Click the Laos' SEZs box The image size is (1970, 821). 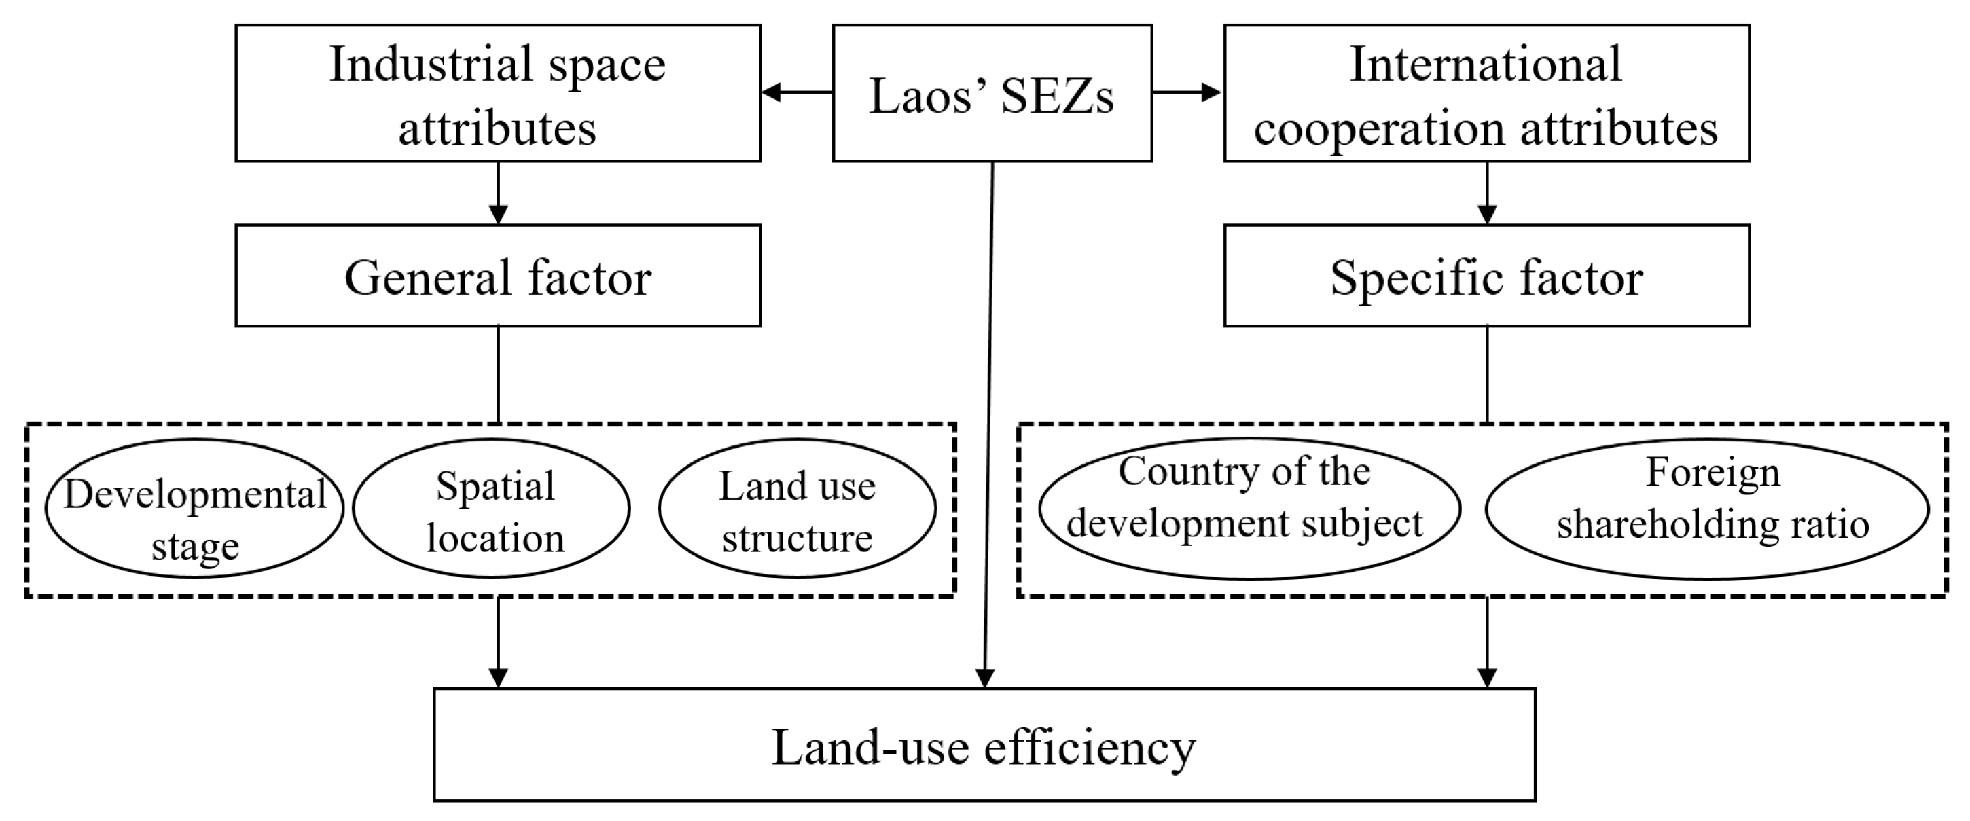[992, 93]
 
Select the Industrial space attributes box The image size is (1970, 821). [498, 93]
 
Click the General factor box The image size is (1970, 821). [498, 276]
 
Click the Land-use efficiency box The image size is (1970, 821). [984, 746]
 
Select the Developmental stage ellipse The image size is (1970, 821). [195, 509]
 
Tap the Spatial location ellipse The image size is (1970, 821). [492, 509]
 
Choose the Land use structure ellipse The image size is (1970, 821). [797, 509]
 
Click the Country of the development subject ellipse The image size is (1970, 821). [1249, 509]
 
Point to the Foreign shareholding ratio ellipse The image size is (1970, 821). [1707, 509]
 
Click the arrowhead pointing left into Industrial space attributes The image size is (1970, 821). [772, 93]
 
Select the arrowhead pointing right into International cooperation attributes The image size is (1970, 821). [1211, 93]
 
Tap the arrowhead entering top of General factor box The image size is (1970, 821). [499, 213]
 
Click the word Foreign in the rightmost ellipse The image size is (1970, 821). [1713, 473]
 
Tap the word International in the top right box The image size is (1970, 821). [1485, 65]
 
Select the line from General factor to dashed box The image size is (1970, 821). [499, 375]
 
